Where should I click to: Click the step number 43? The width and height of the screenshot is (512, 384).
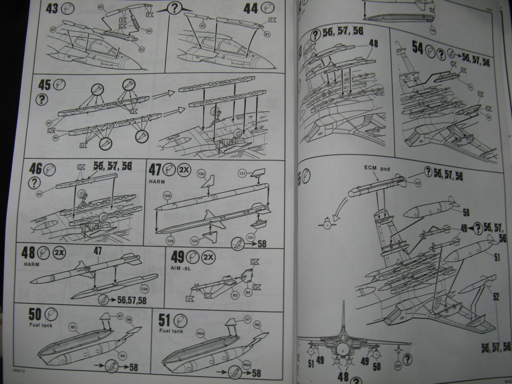[x=52, y=9]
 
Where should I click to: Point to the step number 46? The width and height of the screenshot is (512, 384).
[x=35, y=169]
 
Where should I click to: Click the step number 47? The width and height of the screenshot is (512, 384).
[x=154, y=169]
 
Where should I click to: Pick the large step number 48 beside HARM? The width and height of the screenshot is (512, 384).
[x=28, y=253]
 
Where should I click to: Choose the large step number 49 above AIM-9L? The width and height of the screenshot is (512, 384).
[x=178, y=257]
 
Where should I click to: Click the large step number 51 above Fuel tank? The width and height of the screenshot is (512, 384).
[x=164, y=319]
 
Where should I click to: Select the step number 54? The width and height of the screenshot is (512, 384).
[x=417, y=48]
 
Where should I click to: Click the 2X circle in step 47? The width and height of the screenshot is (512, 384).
[x=184, y=169]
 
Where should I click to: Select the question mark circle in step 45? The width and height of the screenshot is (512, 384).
[x=42, y=99]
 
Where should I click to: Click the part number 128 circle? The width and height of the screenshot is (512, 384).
[x=167, y=196]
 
